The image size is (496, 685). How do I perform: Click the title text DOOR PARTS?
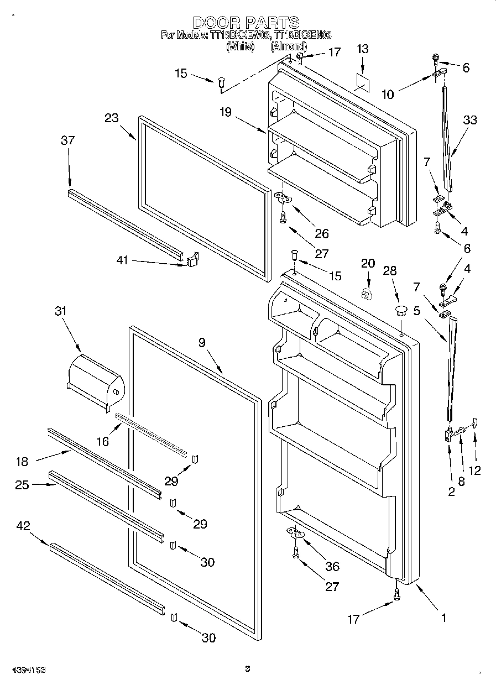[x=246, y=22]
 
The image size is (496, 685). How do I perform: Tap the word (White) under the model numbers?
[x=240, y=47]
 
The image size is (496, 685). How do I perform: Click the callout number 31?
[x=60, y=311]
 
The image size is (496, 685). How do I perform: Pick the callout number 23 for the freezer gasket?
[x=112, y=118]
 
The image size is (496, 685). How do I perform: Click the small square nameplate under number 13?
[x=363, y=80]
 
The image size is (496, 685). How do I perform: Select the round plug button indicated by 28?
[x=401, y=309]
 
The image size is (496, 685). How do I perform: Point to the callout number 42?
[x=23, y=526]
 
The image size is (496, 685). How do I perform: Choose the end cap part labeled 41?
[x=191, y=260]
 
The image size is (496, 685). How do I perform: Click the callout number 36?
[x=333, y=567]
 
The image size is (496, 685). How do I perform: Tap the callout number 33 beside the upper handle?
[x=469, y=120]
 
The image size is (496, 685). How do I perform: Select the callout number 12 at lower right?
[x=474, y=470]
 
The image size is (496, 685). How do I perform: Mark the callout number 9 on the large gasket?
[x=202, y=343]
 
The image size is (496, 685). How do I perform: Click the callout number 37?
[x=67, y=141]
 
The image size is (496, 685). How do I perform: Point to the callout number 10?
[x=388, y=95]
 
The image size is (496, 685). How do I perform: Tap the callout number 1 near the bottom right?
[x=443, y=618]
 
